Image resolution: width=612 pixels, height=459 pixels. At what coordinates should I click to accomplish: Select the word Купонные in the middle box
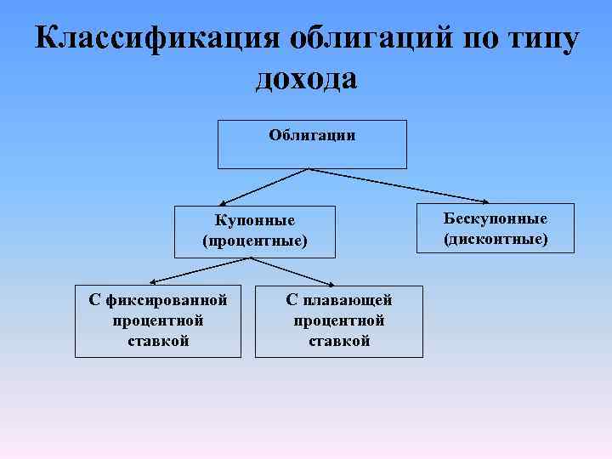point(254,221)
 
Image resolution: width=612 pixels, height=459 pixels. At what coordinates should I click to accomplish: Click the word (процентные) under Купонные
point(254,241)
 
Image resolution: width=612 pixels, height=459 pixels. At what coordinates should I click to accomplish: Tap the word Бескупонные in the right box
point(496,218)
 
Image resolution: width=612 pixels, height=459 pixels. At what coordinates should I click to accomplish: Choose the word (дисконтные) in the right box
point(496,239)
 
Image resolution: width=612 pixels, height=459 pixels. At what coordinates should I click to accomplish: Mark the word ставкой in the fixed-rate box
point(157,341)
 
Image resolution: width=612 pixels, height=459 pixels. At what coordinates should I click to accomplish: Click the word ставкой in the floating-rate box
point(339,341)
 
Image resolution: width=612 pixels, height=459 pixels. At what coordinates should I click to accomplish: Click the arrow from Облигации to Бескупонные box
point(399,185)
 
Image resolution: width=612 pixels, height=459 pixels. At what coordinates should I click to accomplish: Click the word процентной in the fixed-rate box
point(157,320)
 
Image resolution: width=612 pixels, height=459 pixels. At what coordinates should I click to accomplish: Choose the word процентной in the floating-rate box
point(339,320)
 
